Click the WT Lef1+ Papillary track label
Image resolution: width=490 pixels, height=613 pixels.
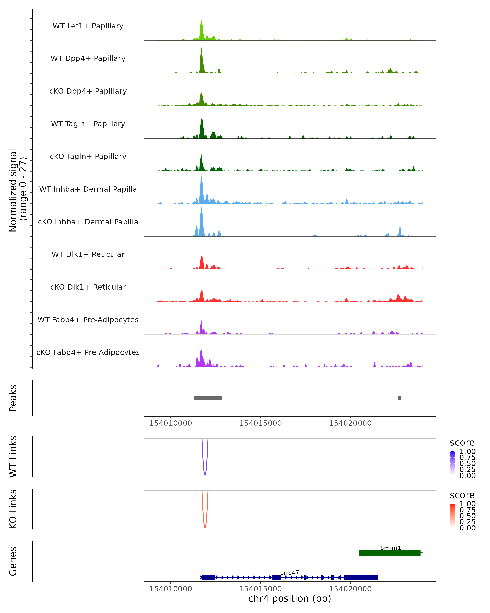(x=88, y=26)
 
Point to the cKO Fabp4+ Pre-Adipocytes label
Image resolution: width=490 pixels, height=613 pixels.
(x=88, y=352)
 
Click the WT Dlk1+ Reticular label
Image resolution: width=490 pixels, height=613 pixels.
(x=88, y=254)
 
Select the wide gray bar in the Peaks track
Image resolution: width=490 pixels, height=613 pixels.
(x=208, y=398)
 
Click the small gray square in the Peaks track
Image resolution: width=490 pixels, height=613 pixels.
(x=400, y=398)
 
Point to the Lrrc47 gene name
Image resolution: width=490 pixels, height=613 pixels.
(x=290, y=573)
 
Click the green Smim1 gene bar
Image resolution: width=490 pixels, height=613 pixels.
(x=389, y=553)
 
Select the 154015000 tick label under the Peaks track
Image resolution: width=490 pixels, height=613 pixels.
(x=261, y=423)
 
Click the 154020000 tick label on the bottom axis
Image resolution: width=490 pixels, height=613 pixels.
(x=350, y=589)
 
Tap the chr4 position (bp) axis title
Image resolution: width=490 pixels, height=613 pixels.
(x=290, y=599)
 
